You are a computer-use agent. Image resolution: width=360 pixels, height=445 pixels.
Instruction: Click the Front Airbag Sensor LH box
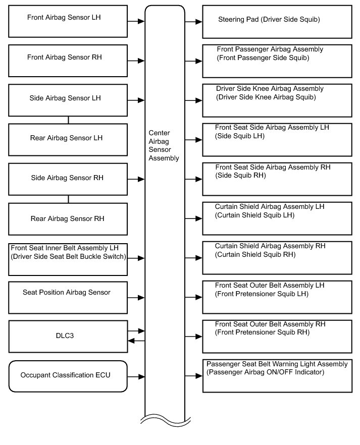pyautogui.click(x=68, y=21)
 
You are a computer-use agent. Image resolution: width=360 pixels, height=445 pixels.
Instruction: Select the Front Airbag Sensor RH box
pyautogui.click(x=68, y=61)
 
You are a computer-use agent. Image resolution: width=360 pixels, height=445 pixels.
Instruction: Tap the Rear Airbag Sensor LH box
pyautogui.click(x=68, y=138)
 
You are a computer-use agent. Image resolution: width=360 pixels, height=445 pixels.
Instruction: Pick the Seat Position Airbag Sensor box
pyautogui.click(x=68, y=297)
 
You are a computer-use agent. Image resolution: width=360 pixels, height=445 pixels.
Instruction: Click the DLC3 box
pyautogui.click(x=68, y=336)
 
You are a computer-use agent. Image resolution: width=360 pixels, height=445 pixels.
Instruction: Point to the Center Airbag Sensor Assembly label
pyautogui.click(x=164, y=145)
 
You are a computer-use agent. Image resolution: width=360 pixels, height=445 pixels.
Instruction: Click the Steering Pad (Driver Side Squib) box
pyautogui.click(x=277, y=21)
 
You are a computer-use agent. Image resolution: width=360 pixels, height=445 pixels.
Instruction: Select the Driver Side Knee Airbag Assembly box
pyautogui.click(x=277, y=100)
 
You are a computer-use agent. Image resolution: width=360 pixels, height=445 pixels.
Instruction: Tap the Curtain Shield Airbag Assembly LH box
pyautogui.click(x=277, y=218)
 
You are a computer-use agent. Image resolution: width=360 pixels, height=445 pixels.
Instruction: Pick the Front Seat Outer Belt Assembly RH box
pyautogui.click(x=277, y=336)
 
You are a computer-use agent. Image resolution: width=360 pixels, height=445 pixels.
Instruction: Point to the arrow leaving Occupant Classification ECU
pyautogui.click(x=136, y=376)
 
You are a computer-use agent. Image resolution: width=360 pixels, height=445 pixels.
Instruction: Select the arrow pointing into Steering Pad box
pyautogui.click(x=193, y=22)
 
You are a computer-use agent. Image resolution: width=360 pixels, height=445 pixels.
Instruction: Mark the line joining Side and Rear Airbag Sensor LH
pyautogui.click(x=68, y=120)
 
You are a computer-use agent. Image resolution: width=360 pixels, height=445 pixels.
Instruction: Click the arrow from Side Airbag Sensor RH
pyautogui.click(x=136, y=179)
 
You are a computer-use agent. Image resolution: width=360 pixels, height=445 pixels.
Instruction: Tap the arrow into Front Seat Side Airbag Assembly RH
pyautogui.click(x=193, y=179)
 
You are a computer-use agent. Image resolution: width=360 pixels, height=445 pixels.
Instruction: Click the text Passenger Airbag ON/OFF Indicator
pyautogui.click(x=265, y=372)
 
